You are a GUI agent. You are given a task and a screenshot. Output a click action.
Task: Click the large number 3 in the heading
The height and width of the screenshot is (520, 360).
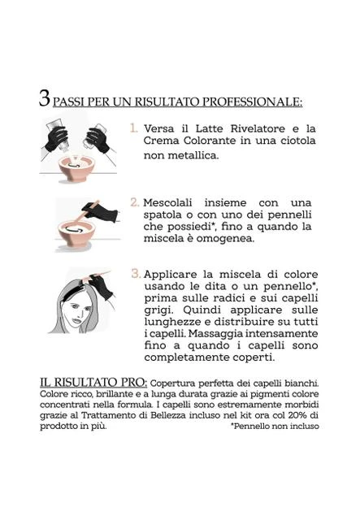[45, 98]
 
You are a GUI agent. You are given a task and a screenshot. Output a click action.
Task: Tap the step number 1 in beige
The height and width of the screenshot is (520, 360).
[134, 128]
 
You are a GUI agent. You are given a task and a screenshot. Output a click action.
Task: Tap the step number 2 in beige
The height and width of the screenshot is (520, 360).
[134, 202]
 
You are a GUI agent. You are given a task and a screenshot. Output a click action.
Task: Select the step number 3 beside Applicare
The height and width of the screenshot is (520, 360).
[136, 274]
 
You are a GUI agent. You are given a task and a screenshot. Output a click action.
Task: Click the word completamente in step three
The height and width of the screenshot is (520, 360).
[187, 357]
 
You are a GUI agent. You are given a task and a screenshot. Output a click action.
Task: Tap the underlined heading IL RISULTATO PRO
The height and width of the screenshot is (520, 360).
[93, 383]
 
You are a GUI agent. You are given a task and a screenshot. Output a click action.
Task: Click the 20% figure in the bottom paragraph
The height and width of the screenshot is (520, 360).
[297, 415]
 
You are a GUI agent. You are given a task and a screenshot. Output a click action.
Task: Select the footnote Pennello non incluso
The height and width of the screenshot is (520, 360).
[275, 426]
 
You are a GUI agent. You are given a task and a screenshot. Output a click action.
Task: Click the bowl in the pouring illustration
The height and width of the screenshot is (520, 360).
[76, 168]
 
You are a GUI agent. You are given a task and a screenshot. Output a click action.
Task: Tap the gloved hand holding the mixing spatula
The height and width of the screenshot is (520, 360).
[102, 211]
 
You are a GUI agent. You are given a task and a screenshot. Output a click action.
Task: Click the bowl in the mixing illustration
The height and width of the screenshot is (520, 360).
[76, 234]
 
